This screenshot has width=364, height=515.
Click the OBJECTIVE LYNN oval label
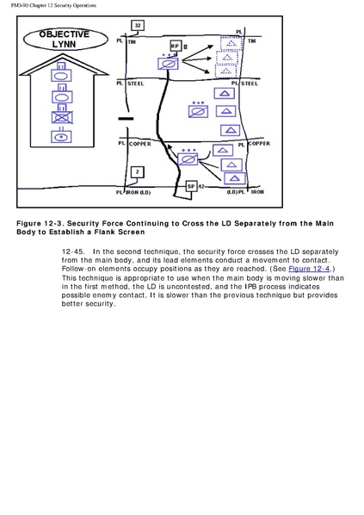click(65, 39)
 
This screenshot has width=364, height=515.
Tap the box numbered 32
click(138, 25)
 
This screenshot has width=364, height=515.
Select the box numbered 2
click(137, 171)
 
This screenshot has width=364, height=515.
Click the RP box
click(176, 46)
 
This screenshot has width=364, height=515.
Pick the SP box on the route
click(191, 186)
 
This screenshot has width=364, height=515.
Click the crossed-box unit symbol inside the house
click(62, 117)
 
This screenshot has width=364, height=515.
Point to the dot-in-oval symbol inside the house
click(61, 137)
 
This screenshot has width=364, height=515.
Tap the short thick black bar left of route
click(126, 119)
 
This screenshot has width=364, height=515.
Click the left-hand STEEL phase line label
click(135, 84)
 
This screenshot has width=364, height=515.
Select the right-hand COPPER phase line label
click(259, 144)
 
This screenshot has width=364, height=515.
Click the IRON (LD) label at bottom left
click(139, 192)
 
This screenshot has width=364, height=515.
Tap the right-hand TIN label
click(252, 41)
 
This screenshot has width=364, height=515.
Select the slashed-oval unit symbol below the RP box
click(168, 64)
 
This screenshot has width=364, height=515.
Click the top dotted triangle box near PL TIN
click(231, 43)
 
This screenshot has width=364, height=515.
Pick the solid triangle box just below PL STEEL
click(225, 93)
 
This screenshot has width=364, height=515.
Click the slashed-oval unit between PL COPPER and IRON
click(188, 159)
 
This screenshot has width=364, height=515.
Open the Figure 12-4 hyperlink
click(309, 269)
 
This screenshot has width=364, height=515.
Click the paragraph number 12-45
click(72, 252)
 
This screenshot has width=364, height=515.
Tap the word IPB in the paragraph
click(250, 287)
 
